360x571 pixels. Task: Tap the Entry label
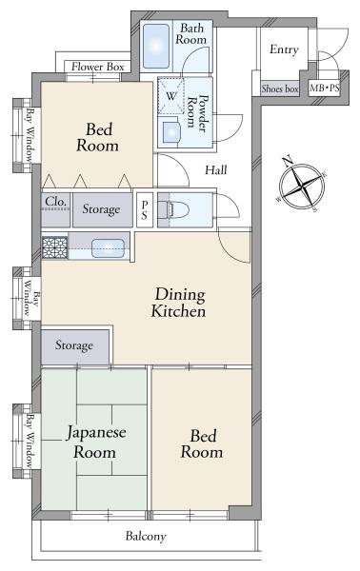284,50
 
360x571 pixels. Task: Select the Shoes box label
280,89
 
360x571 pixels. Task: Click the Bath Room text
192,35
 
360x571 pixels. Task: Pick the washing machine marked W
171,96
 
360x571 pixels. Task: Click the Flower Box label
99,68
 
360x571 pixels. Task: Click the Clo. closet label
54,203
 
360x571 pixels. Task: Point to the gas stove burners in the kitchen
52,248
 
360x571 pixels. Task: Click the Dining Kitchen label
179,303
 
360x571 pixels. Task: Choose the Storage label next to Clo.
101,208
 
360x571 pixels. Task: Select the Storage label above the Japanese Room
74,345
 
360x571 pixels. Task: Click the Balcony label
146,537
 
